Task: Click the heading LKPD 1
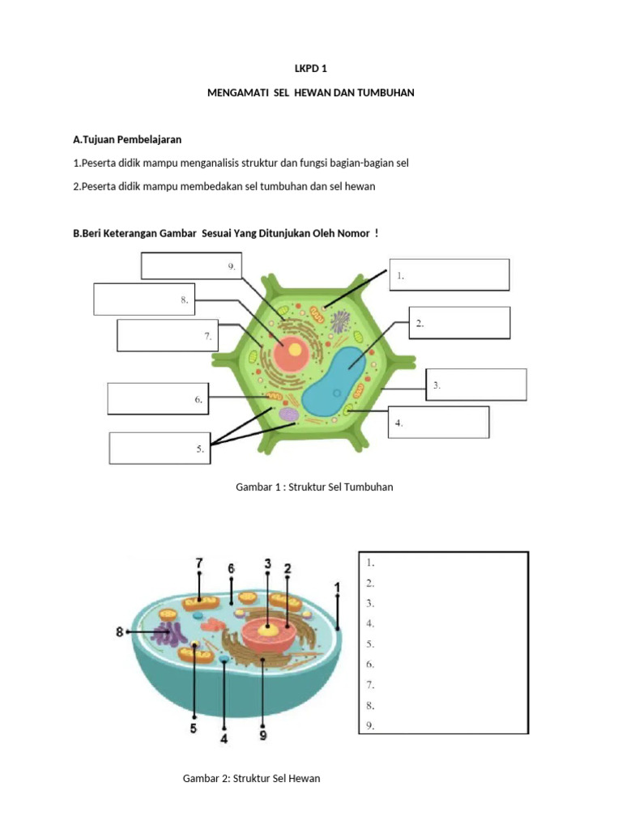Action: coord(311,69)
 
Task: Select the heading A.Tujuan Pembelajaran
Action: coord(127,140)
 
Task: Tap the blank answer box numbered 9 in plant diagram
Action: coord(190,266)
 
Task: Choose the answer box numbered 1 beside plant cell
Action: coord(449,274)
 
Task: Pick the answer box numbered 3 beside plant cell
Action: coord(476,385)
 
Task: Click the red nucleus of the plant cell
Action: coord(290,353)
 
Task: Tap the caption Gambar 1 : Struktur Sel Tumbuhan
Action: coord(314,487)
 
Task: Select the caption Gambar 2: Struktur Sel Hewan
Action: coord(252,779)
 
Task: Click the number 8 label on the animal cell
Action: coord(120,631)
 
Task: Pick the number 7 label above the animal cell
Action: coord(198,562)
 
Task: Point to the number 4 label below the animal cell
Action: coord(224,738)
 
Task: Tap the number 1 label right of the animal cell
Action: coord(338,586)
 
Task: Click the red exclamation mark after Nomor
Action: coord(377,233)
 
